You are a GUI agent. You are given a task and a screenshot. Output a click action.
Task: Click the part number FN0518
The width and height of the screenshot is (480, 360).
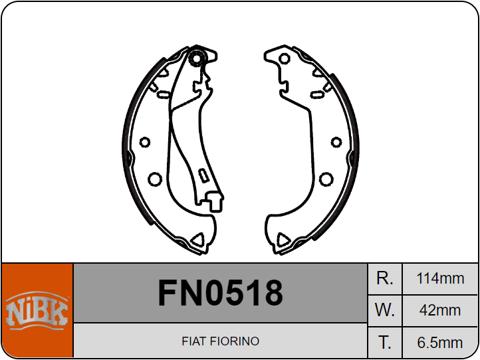[221, 293]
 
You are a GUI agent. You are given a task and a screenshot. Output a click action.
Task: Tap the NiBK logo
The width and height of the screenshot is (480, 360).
[37, 310]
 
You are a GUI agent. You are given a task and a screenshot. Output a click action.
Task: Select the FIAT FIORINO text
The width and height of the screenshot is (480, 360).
[221, 341]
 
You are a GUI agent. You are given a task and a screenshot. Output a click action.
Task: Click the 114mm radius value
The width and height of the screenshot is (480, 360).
[440, 278]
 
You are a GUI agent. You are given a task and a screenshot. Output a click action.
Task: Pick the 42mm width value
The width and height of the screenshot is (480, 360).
[440, 310]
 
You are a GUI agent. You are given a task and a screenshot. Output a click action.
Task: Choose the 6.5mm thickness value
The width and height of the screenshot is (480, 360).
[440, 343]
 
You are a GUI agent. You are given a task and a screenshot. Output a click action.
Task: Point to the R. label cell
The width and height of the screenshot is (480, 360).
[385, 278]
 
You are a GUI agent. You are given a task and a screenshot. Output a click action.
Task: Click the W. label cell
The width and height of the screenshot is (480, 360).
[385, 310]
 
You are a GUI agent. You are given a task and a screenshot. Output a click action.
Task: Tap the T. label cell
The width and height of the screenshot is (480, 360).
[385, 342]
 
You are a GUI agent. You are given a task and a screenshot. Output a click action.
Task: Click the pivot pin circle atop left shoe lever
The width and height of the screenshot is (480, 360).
[196, 58]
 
